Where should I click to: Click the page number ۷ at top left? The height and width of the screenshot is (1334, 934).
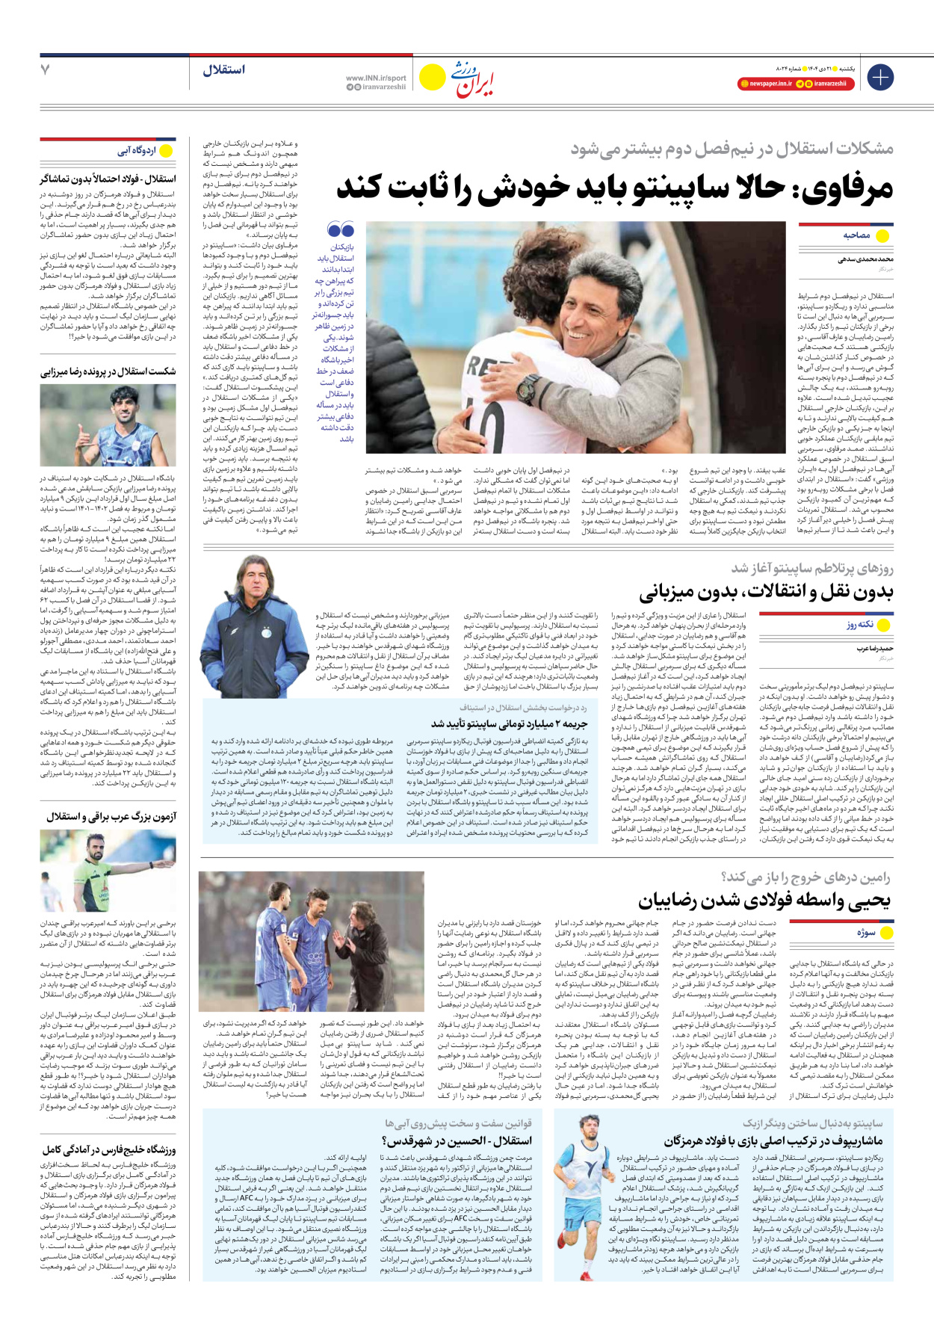pos(45,70)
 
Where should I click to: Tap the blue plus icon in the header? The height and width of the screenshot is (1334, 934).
pos(879,77)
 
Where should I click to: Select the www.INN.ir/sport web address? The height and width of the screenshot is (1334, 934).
pos(376,78)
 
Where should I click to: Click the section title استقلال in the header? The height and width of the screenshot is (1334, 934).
pos(223,70)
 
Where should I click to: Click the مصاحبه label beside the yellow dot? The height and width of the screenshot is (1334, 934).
pos(856,235)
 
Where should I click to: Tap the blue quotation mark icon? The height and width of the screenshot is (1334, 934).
pos(341,229)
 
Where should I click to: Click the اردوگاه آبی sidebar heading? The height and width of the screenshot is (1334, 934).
pos(136,152)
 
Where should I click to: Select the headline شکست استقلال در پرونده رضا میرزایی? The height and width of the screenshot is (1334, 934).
pos(108,371)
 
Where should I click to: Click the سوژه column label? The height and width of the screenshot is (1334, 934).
pos(866,933)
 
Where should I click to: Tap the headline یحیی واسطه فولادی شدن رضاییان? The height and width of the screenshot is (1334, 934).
pos(764,901)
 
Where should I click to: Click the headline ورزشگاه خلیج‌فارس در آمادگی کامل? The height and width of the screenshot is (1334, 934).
pos(109,1149)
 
